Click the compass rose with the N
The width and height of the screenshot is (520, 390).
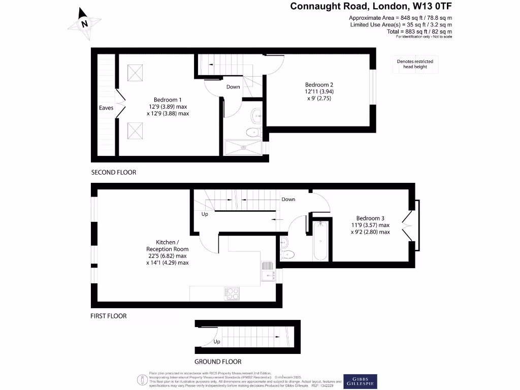pyautogui.click(x=84, y=23)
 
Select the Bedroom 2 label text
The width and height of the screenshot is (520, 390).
pyautogui.click(x=319, y=84)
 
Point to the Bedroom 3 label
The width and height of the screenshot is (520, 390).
pyautogui.click(x=370, y=218)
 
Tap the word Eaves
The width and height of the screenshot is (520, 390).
pyautogui.click(x=106, y=108)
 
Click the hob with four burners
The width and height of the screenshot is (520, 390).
pyautogui.click(x=232, y=293)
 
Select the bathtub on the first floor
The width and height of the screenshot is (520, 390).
pyautogui.click(x=320, y=240)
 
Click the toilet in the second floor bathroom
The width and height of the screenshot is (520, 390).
pyautogui.click(x=252, y=132)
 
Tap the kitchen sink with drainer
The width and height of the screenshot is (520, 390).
pyautogui.click(x=267, y=271)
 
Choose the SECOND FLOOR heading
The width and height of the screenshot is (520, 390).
pyautogui.click(x=114, y=172)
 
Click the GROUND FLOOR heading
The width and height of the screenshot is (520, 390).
pyautogui.click(x=218, y=362)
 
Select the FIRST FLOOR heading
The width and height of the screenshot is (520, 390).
pyautogui.click(x=109, y=316)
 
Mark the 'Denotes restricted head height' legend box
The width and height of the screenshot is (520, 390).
pyautogui.click(x=415, y=64)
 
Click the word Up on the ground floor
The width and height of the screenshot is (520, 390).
pyautogui.click(x=217, y=342)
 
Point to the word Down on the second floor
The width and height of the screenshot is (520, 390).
pyautogui.click(x=233, y=87)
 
